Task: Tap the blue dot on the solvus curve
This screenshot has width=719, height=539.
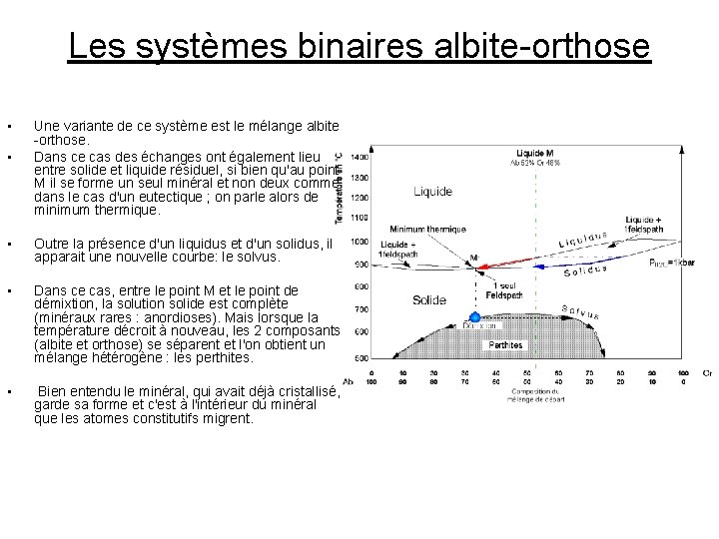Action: [x=475, y=317]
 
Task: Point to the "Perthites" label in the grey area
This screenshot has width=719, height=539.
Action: [x=504, y=345]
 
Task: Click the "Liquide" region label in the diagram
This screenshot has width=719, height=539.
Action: [x=431, y=192]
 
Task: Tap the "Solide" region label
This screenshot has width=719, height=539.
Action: [x=428, y=299]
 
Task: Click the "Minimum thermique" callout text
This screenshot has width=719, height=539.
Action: [x=427, y=228]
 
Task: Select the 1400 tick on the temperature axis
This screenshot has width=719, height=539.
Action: [x=359, y=158]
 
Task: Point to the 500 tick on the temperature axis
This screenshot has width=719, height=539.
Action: [x=361, y=357]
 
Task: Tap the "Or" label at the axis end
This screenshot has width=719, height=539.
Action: [x=707, y=372]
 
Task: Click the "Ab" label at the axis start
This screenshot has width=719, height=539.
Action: [x=348, y=380]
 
